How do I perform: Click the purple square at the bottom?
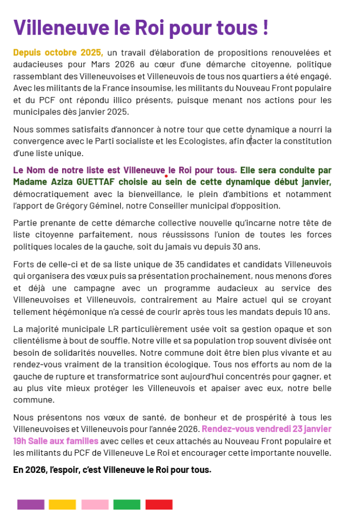pos(31,505)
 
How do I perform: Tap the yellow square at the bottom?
pos(62,505)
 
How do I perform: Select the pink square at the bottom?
pos(95,505)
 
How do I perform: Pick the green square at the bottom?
pos(127,505)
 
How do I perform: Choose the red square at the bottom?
pos(159,505)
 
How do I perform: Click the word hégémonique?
pos(70,312)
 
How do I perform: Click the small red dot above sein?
pos(165,177)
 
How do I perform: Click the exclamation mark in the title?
pos(266,27)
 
